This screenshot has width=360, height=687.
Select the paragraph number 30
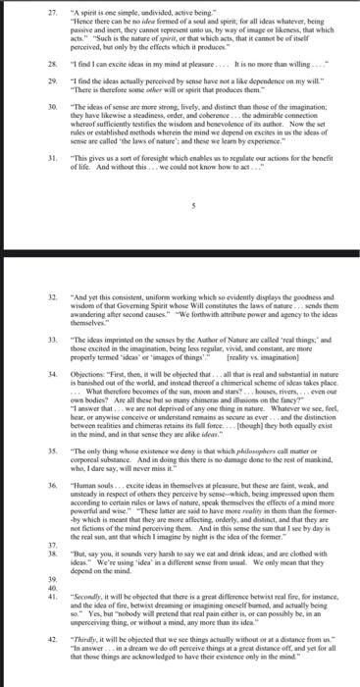26,102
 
